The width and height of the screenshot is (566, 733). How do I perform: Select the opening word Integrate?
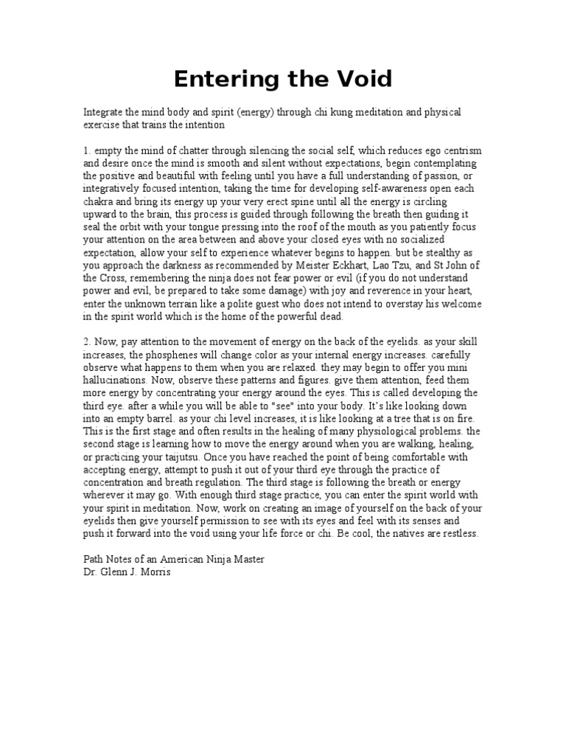coord(104,112)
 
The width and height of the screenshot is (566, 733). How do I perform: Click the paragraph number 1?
coord(85,150)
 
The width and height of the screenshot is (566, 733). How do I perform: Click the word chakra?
coord(99,201)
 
